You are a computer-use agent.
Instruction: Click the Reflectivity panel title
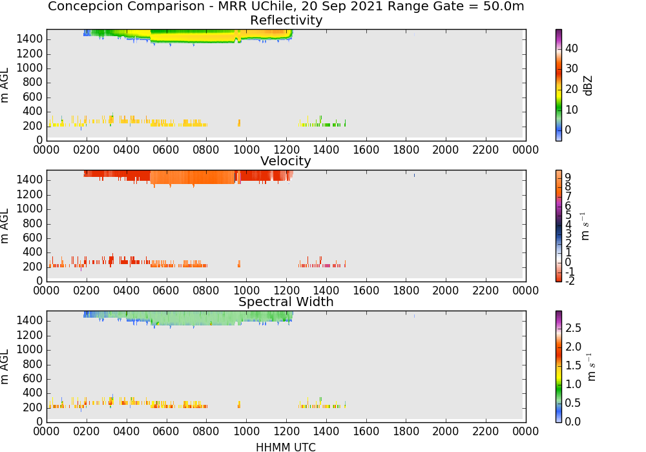pos(286,20)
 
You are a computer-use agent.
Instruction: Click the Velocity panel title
pos(286,161)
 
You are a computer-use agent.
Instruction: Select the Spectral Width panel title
pos(286,302)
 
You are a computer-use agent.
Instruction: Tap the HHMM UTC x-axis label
pos(286,447)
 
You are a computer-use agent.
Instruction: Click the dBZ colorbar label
pos(588,86)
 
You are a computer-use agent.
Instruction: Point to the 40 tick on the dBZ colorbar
pos(572,48)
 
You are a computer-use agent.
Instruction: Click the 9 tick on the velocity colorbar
pos(568,178)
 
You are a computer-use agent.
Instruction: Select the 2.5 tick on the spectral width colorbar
pos(572,328)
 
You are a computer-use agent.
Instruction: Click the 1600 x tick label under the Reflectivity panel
pos(366,150)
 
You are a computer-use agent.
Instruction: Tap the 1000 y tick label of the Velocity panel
pos(30,209)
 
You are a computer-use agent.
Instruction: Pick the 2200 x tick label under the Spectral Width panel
pos(485,431)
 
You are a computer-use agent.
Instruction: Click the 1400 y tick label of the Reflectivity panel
pos(30,39)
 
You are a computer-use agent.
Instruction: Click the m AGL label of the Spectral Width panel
pos(5,367)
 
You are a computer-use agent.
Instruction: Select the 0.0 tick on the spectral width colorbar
pos(572,422)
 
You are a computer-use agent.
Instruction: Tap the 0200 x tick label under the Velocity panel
pos(86,291)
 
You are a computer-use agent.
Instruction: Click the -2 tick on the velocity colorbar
pos(569,281)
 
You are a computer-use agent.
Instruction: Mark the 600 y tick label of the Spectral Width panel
pos(33,379)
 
